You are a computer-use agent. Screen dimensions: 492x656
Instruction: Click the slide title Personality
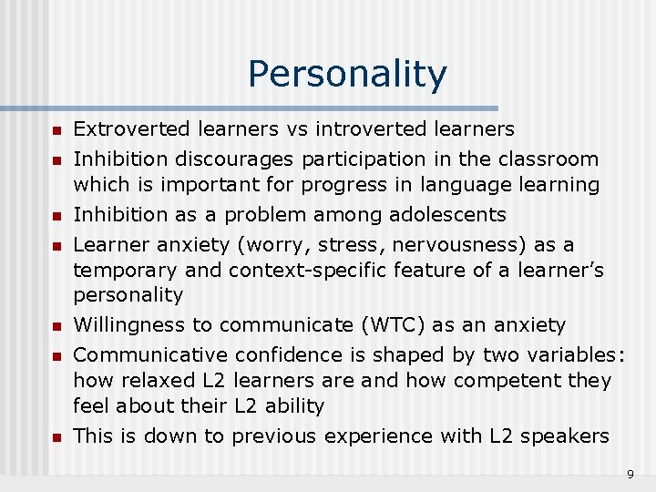click(347, 75)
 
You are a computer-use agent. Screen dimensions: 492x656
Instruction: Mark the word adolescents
click(447, 215)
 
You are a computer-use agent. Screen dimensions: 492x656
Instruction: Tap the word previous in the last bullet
click(275, 436)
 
